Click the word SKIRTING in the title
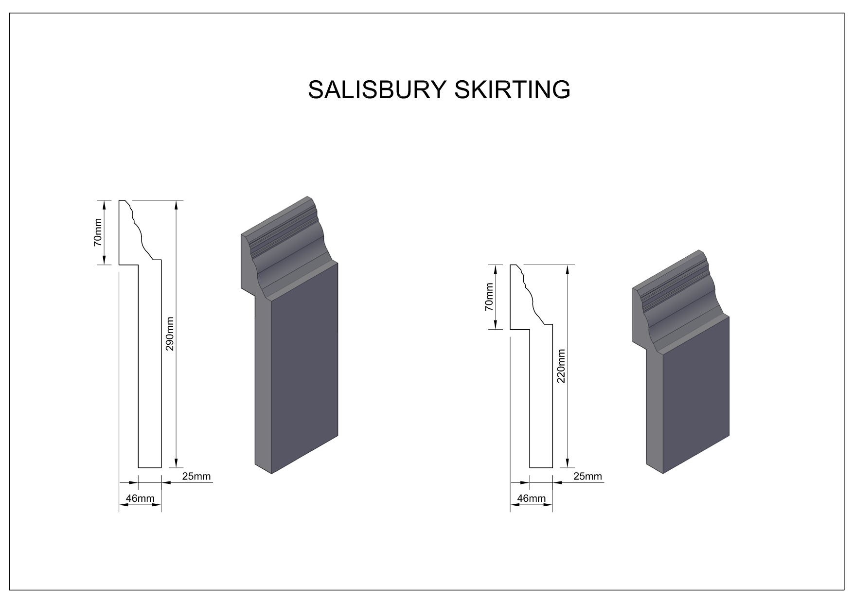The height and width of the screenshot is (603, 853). tap(513, 89)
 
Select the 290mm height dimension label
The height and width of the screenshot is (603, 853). tap(170, 334)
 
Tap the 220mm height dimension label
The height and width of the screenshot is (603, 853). tap(561, 366)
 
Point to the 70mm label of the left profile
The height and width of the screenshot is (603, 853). tap(98, 232)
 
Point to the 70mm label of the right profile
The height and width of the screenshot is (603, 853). tap(489, 297)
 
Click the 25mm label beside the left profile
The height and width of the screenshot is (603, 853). tap(196, 476)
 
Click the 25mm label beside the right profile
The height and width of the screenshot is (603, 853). tap(587, 476)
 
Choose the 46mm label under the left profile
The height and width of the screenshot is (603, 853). tap(140, 498)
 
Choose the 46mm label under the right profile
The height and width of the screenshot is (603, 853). tap(531, 498)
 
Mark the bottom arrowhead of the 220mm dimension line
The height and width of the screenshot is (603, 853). tap(568, 461)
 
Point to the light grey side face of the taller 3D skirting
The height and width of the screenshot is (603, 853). tap(263, 384)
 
